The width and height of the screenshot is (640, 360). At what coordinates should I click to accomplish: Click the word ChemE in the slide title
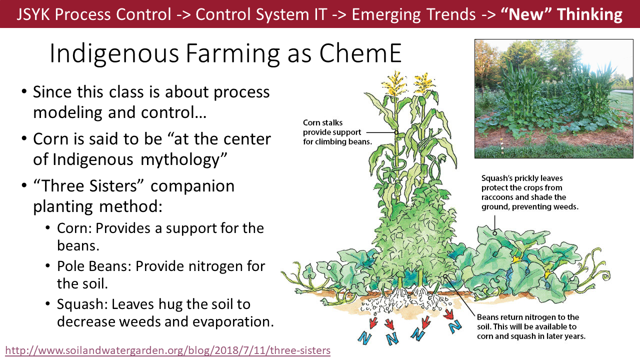(360, 53)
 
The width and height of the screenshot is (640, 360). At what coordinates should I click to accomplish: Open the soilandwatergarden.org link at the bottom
(167, 350)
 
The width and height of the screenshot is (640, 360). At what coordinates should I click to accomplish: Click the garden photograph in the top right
(553, 98)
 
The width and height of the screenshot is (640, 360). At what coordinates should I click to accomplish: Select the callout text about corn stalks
(337, 132)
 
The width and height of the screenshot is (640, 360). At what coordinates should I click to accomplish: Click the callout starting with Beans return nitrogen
(531, 326)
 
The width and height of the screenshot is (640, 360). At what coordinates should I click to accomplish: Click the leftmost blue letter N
(365, 338)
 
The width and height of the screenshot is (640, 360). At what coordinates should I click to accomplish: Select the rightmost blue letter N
(455, 326)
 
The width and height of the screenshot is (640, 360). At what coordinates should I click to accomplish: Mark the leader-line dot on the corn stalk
(396, 132)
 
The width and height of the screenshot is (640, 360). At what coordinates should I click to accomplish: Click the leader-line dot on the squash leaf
(494, 233)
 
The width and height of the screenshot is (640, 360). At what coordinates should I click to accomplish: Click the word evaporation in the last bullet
(233, 321)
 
